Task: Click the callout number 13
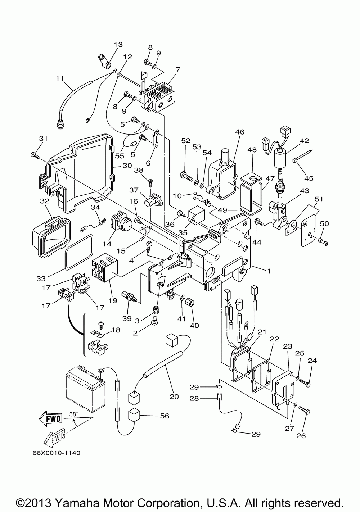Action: click(x=118, y=45)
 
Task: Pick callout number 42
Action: click(x=305, y=141)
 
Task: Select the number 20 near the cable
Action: click(x=174, y=397)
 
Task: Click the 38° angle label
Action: click(x=73, y=414)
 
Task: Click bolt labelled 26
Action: click(x=305, y=412)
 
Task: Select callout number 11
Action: click(x=60, y=77)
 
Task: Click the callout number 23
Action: click(x=287, y=346)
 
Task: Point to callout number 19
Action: click(x=113, y=300)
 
